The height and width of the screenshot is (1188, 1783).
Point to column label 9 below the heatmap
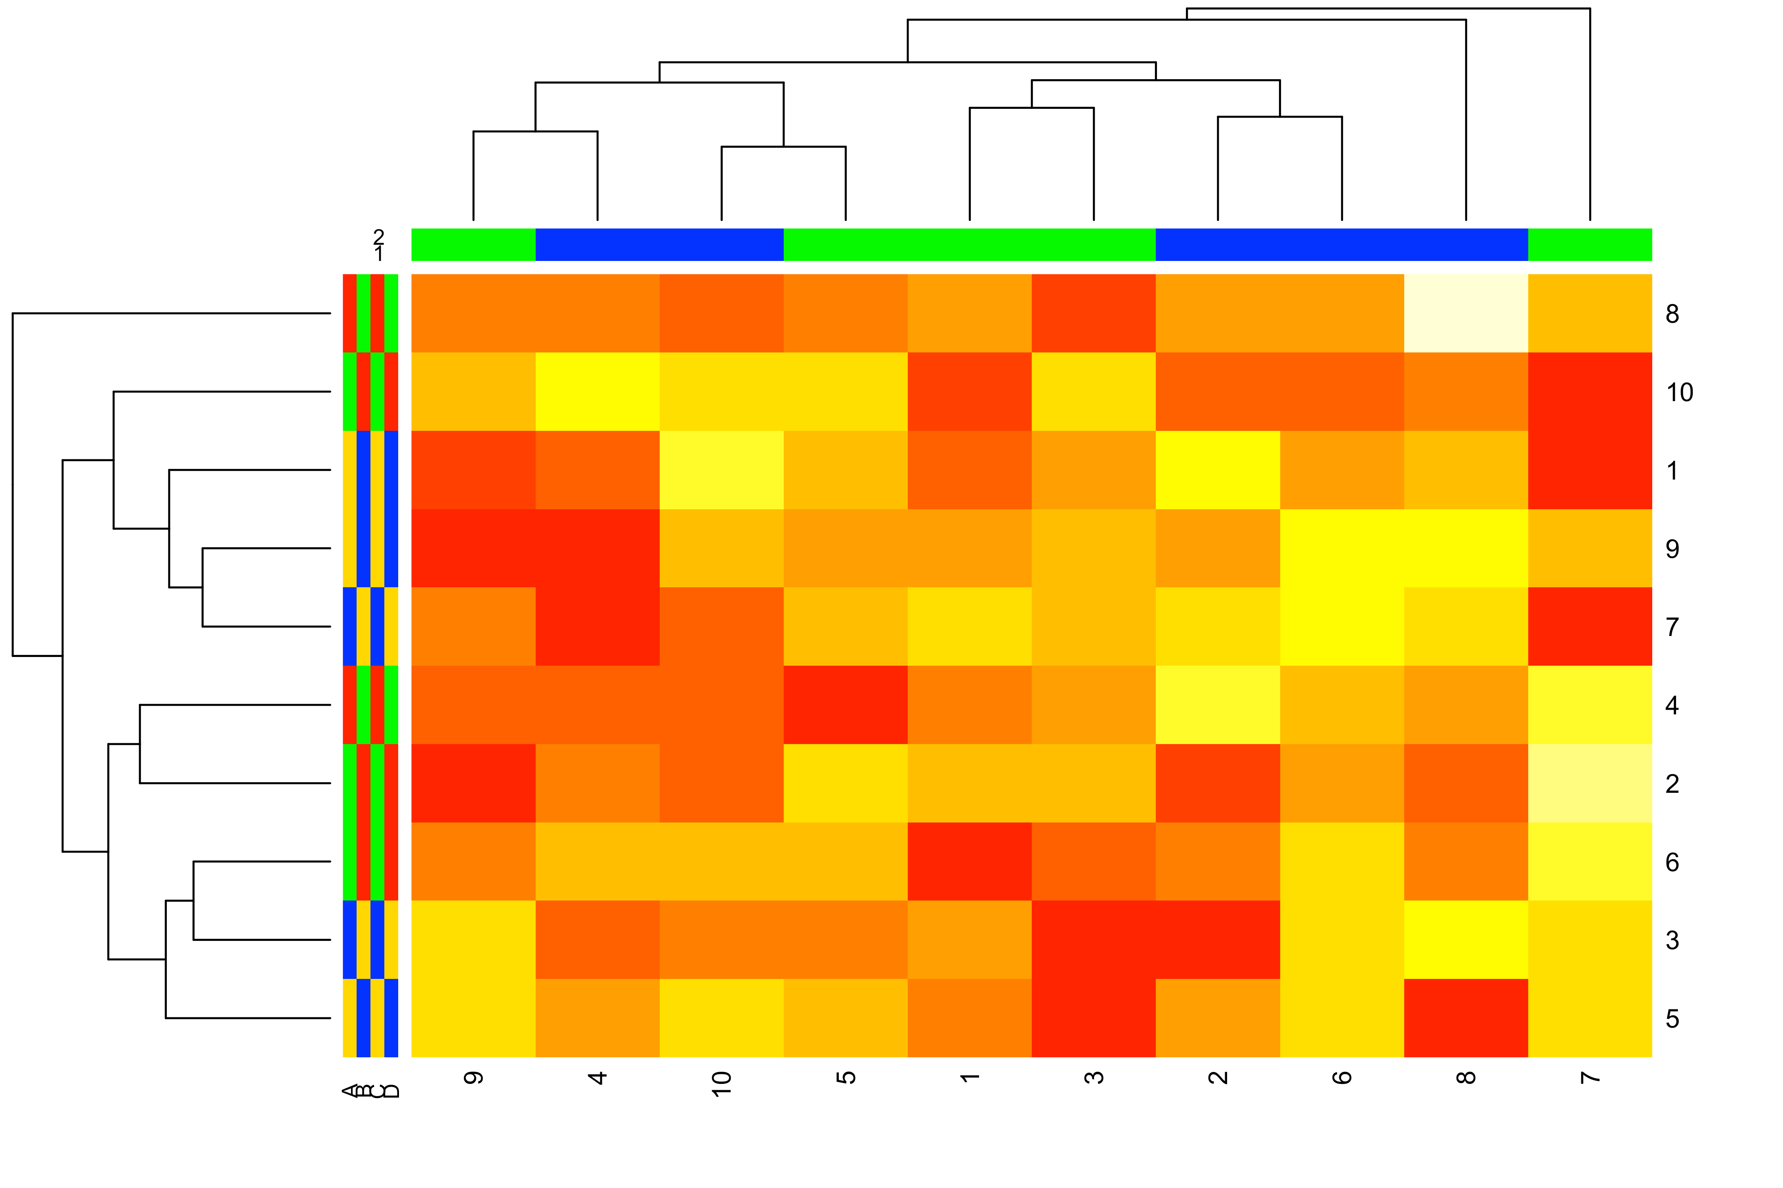pos(474,1078)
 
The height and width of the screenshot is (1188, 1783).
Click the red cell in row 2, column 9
pos(474,783)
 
